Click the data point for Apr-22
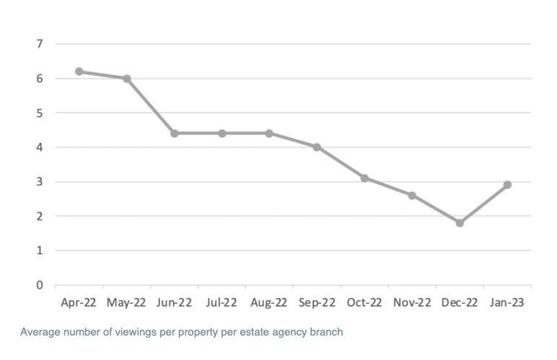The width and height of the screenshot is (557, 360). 79,71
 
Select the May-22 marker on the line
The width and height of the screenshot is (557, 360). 127,79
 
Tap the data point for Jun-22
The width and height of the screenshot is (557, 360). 175,133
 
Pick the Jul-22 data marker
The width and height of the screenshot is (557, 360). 222,133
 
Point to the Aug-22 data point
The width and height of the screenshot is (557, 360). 269,133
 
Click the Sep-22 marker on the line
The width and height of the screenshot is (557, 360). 317,147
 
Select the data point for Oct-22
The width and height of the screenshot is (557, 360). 364,178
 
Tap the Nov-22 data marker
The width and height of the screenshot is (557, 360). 412,196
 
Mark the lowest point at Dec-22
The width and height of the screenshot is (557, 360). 460,223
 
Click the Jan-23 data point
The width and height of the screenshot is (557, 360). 507,185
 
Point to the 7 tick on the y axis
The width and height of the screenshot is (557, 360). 39,44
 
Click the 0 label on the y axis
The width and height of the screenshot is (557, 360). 39,285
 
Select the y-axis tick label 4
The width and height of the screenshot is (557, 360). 39,147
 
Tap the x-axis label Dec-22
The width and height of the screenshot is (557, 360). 460,303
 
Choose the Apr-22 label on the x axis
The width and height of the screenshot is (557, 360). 79,303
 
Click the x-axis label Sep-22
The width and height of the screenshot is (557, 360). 317,303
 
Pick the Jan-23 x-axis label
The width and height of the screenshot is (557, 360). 506,303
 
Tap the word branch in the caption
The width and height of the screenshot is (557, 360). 326,333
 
